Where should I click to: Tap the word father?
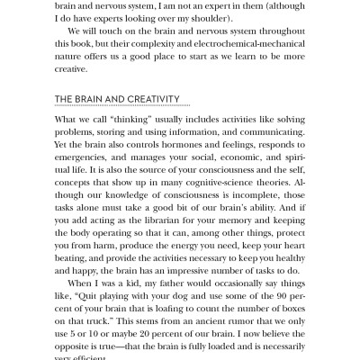point(187,296)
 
